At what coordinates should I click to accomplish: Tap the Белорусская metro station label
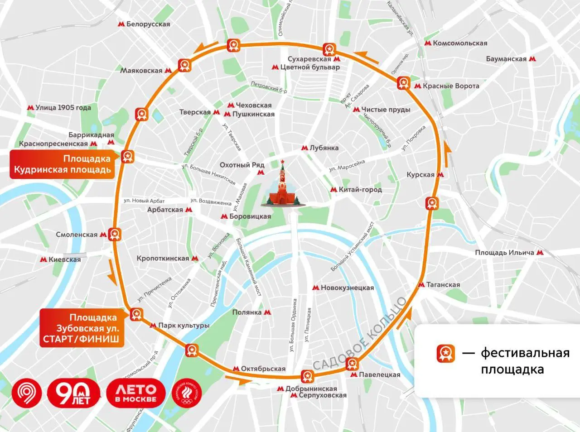click(x=144, y=24)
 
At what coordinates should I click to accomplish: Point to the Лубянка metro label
click(x=320, y=148)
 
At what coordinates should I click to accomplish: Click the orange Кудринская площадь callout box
click(x=63, y=164)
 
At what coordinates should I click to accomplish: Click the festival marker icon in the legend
click(x=445, y=353)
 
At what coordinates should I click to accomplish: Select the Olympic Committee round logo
click(x=186, y=393)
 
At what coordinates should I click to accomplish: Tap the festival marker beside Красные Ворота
click(x=403, y=83)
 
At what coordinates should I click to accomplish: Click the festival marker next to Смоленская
click(x=115, y=234)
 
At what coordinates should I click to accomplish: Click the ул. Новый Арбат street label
click(x=144, y=201)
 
